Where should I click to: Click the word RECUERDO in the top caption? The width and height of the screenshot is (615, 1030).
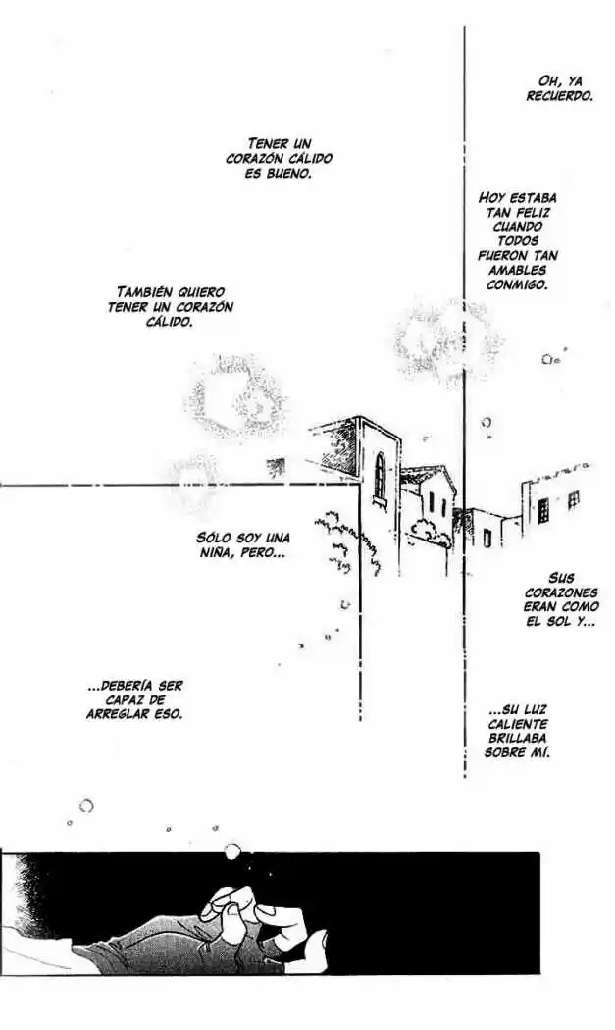560,96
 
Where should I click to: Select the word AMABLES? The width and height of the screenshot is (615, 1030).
517,270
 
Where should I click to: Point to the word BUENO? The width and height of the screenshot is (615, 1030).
287,174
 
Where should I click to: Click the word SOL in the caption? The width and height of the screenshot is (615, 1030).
557,621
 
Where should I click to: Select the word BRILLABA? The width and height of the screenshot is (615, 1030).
518,739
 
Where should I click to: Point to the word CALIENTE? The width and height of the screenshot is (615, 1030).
518,724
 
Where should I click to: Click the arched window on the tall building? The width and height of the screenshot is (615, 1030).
381,475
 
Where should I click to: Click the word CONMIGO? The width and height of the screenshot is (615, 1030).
517,284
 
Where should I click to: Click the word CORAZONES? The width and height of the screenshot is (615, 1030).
561,592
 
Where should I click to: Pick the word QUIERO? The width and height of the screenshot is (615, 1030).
201,291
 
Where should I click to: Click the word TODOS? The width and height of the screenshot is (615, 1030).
518,241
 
